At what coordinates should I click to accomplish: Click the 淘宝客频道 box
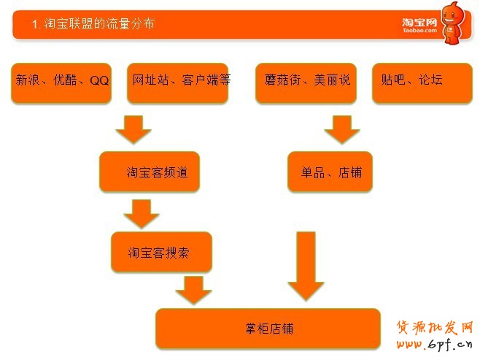click(x=150, y=172)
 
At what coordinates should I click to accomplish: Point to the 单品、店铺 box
click(x=330, y=172)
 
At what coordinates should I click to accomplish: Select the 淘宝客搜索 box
click(x=161, y=252)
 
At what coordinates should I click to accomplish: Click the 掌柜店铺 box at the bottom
click(x=268, y=329)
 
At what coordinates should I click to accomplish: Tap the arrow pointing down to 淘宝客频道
click(x=133, y=129)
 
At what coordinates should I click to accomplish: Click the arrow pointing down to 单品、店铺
click(x=342, y=129)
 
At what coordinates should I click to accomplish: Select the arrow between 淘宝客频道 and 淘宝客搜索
click(x=142, y=212)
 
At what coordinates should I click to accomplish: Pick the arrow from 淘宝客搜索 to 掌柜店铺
click(x=193, y=290)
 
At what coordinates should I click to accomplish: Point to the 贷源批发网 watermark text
click(x=435, y=327)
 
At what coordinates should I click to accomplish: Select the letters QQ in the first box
click(x=99, y=80)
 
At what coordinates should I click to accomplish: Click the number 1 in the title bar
click(x=35, y=25)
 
